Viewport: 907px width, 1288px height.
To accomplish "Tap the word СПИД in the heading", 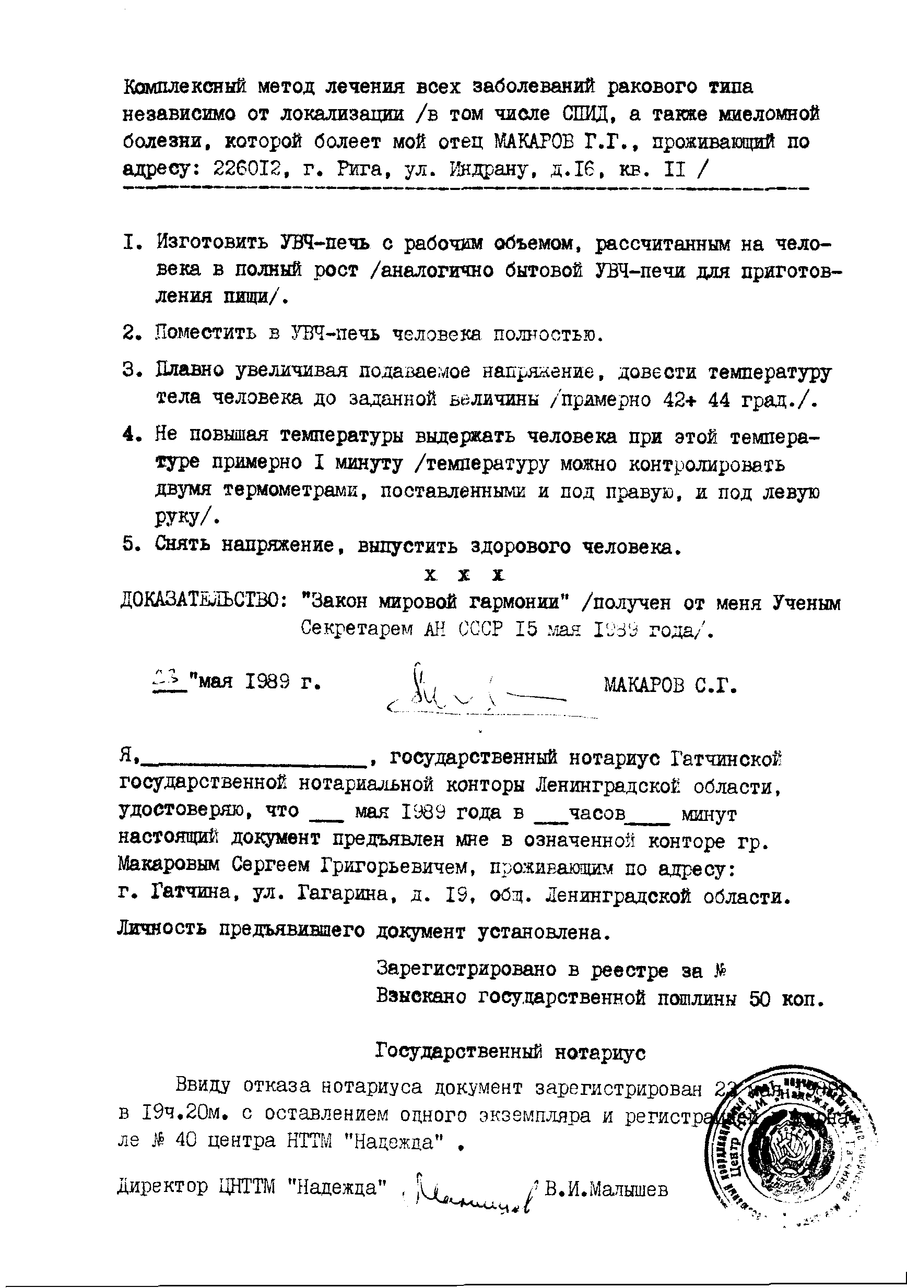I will tap(586, 114).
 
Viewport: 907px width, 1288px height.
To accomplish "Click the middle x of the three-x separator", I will tap(464, 575).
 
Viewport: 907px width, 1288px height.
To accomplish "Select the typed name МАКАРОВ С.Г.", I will tap(669, 685).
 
